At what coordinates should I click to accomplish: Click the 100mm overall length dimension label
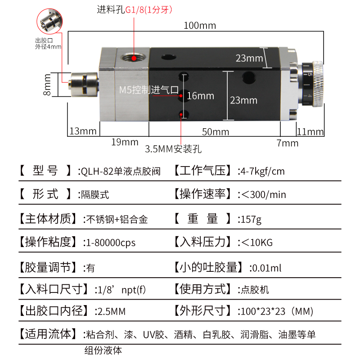(x=199, y=26)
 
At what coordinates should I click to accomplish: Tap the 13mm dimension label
(x=83, y=131)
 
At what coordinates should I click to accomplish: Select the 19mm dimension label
(x=125, y=142)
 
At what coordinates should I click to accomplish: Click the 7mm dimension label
(x=287, y=143)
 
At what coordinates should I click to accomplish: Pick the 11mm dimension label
(x=310, y=132)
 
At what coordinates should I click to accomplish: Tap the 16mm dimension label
(x=200, y=96)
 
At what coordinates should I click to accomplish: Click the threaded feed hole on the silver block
(x=134, y=58)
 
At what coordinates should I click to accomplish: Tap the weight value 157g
(x=251, y=219)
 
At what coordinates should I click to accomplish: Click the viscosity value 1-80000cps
(x=109, y=243)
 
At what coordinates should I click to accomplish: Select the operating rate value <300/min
(x=264, y=195)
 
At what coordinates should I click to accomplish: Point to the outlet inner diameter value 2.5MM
(x=110, y=311)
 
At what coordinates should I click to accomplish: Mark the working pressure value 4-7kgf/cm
(x=262, y=171)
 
